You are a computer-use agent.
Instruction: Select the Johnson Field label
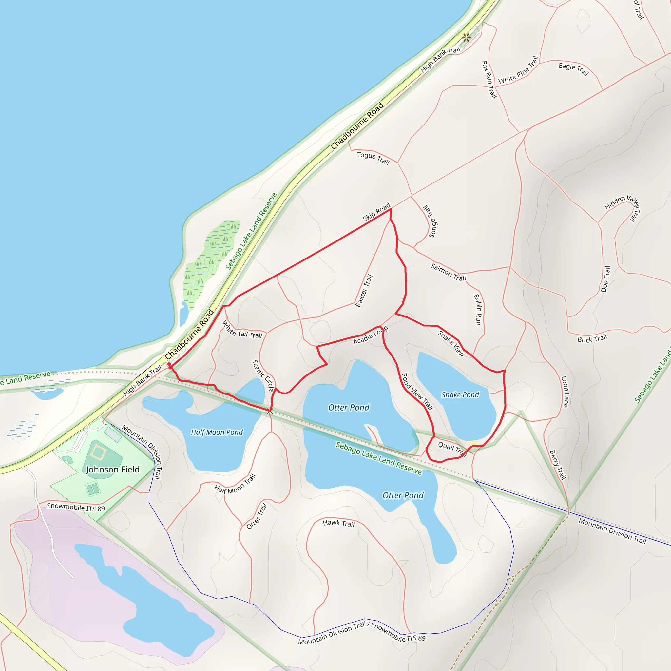tap(113, 470)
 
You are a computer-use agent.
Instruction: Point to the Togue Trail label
tap(374, 158)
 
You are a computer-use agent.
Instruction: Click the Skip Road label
tap(376, 212)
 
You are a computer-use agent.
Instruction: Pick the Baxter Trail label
tap(364, 291)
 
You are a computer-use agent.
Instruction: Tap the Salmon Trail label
tap(448, 272)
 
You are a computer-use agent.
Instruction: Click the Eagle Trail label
tap(574, 68)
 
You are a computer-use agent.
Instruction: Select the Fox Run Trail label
tap(489, 80)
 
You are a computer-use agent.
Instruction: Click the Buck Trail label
tap(592, 338)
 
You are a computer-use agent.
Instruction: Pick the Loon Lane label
tap(565, 392)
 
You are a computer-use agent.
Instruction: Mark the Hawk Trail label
tap(339, 523)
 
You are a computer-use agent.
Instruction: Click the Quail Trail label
tap(452, 449)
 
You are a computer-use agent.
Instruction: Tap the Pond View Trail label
tap(417, 392)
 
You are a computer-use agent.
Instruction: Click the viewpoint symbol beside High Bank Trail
tap(466, 37)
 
